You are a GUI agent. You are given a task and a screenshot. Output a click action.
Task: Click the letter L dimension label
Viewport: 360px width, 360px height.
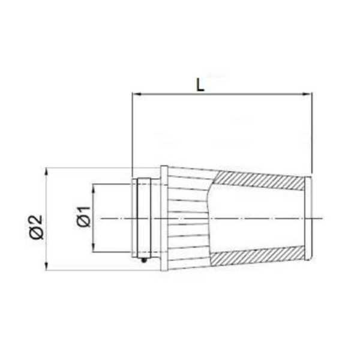200,85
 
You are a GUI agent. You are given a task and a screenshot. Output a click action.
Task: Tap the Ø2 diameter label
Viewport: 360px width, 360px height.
36,227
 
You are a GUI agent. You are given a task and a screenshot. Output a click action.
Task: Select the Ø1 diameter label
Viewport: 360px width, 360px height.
84,217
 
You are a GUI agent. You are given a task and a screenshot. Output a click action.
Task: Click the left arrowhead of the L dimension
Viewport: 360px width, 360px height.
137,94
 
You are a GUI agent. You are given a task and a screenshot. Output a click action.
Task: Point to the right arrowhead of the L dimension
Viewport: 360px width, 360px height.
308,94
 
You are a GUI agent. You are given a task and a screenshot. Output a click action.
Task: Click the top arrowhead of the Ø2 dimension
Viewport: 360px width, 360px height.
47,172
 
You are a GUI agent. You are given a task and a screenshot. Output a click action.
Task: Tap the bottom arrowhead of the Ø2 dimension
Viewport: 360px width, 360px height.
47,266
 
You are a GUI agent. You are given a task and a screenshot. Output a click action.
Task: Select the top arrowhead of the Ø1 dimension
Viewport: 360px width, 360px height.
94,188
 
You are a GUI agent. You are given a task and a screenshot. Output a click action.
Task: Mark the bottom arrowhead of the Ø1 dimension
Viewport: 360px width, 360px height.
94,247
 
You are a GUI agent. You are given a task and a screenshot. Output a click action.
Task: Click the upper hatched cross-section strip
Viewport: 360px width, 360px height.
259,181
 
